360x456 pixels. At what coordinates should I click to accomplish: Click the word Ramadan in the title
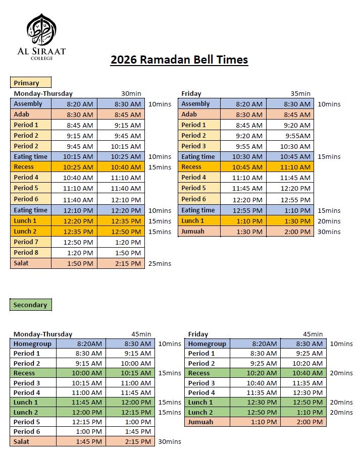171,60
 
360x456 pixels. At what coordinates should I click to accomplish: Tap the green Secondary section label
30,305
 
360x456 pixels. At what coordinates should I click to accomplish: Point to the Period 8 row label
26,252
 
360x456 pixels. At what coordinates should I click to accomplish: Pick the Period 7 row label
26,242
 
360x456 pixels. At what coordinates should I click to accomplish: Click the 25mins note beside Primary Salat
160,263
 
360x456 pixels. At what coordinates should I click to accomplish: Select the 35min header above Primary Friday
300,93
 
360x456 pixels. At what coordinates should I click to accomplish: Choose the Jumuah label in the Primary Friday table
192,232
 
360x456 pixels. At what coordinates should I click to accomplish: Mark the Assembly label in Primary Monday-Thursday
28,103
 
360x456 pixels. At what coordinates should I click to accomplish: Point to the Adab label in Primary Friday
189,115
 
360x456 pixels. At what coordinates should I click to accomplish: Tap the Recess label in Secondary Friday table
199,373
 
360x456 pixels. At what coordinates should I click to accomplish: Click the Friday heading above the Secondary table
198,334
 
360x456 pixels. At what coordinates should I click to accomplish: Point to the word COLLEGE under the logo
41,58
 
